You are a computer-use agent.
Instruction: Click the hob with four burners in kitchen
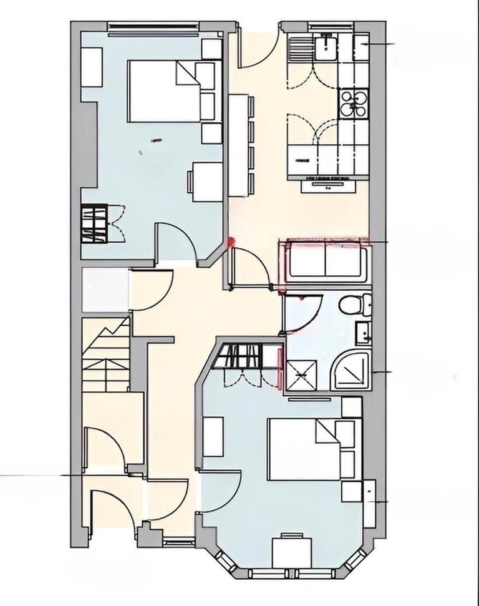354,103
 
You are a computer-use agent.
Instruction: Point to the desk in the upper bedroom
206,181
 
